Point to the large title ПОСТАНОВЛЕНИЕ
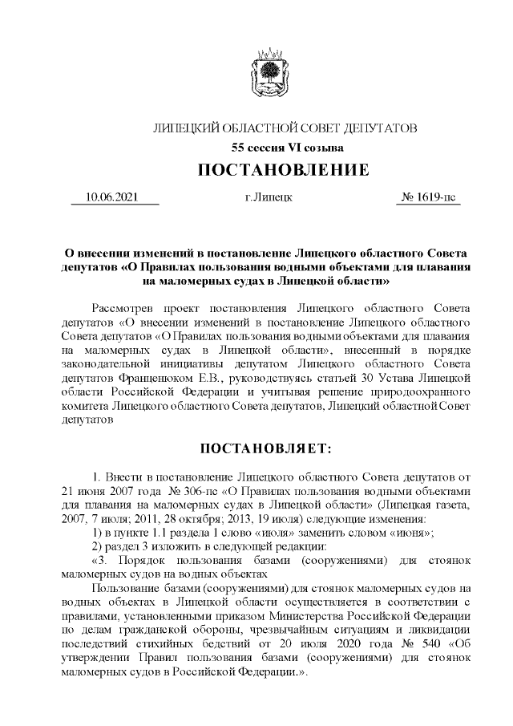point(283,170)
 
